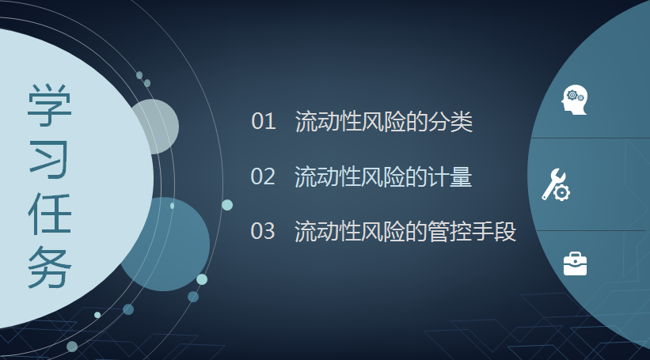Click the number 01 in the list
pyautogui.click(x=263, y=121)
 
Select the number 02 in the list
pyautogui.click(x=263, y=176)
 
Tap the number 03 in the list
pyautogui.click(x=263, y=231)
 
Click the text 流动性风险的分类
pyautogui.click(x=384, y=122)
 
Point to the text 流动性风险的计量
pyautogui.click(x=383, y=177)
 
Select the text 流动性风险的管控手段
pyautogui.click(x=405, y=231)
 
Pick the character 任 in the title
pyautogui.click(x=50, y=214)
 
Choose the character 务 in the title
pyautogui.click(x=50, y=267)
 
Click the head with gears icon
pyautogui.click(x=575, y=100)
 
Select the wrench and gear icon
pyautogui.click(x=556, y=185)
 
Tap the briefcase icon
pyautogui.click(x=576, y=264)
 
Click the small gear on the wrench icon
pyautogui.click(x=561, y=192)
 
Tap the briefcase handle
pyautogui.click(x=576, y=254)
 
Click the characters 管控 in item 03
pyautogui.click(x=450, y=231)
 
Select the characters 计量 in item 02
pyautogui.click(x=450, y=177)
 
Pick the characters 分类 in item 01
pyautogui.click(x=450, y=122)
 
